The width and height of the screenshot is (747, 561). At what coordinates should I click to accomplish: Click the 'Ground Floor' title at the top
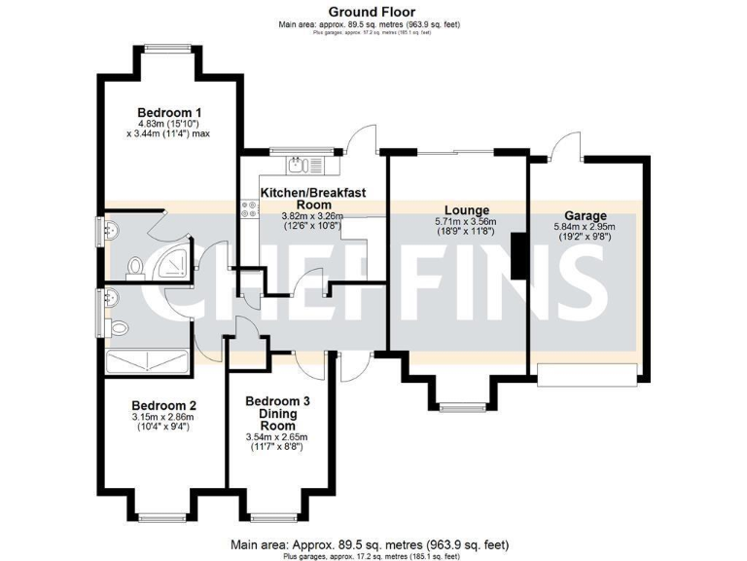pos(373,12)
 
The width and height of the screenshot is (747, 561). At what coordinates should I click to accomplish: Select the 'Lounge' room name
pos(466,210)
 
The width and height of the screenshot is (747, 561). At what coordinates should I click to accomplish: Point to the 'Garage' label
pos(585,215)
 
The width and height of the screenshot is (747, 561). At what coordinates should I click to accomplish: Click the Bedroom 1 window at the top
pos(171,47)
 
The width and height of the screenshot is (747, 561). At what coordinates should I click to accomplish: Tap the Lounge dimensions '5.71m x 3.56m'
pos(466,222)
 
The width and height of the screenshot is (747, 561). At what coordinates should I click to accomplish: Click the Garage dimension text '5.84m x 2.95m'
pos(585,227)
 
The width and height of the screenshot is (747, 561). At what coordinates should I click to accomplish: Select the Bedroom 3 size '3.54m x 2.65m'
pos(277,437)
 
